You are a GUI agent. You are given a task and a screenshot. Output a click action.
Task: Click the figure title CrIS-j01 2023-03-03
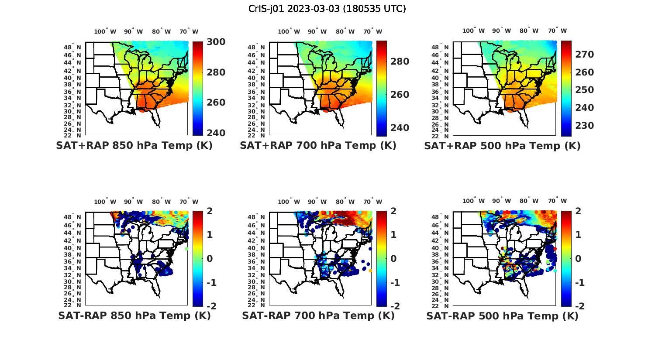pyautogui.click(x=327, y=9)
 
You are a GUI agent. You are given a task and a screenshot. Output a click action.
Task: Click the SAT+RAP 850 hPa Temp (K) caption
pyautogui.click(x=134, y=146)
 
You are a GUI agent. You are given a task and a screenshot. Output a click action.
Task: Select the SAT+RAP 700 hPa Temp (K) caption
pyautogui.click(x=318, y=146)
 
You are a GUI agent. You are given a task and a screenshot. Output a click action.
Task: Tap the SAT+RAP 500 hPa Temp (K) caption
pyautogui.click(x=502, y=146)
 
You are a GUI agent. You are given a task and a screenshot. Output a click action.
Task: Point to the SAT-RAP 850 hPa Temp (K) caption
pyautogui.click(x=134, y=315)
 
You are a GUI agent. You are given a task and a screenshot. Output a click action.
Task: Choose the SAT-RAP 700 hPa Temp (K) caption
pyautogui.click(x=318, y=315)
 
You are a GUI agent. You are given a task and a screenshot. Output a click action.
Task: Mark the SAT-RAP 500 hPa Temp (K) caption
pyautogui.click(x=502, y=315)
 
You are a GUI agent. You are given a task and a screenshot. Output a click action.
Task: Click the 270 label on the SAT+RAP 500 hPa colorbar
pyautogui.click(x=584, y=54)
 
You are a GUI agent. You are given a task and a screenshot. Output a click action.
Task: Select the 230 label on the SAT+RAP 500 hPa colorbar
pyautogui.click(x=584, y=126)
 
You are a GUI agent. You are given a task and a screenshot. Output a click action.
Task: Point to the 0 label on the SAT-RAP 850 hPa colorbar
pyautogui.click(x=210, y=258)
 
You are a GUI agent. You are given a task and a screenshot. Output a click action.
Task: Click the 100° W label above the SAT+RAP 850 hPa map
pyautogui.click(x=105, y=31)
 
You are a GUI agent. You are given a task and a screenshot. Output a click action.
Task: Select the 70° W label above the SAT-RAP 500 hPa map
pyautogui.click(x=557, y=201)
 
